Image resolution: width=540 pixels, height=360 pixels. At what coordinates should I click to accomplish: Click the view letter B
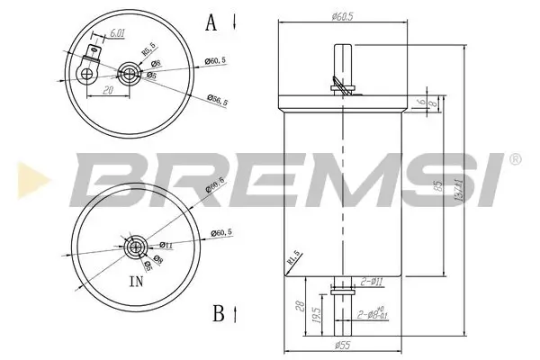coord(218,313)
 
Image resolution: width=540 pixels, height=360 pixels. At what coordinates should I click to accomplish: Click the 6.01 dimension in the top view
coord(116,34)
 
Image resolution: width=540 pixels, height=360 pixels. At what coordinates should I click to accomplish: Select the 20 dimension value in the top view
coord(107,90)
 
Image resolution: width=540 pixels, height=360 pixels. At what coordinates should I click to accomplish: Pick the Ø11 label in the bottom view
coord(166,244)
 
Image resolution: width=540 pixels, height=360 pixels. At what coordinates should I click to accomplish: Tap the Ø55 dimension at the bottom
coord(343,346)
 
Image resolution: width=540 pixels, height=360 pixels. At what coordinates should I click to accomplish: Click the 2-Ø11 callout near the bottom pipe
coord(372,283)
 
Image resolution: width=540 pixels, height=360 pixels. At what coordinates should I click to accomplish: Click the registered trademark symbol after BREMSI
coord(514,159)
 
